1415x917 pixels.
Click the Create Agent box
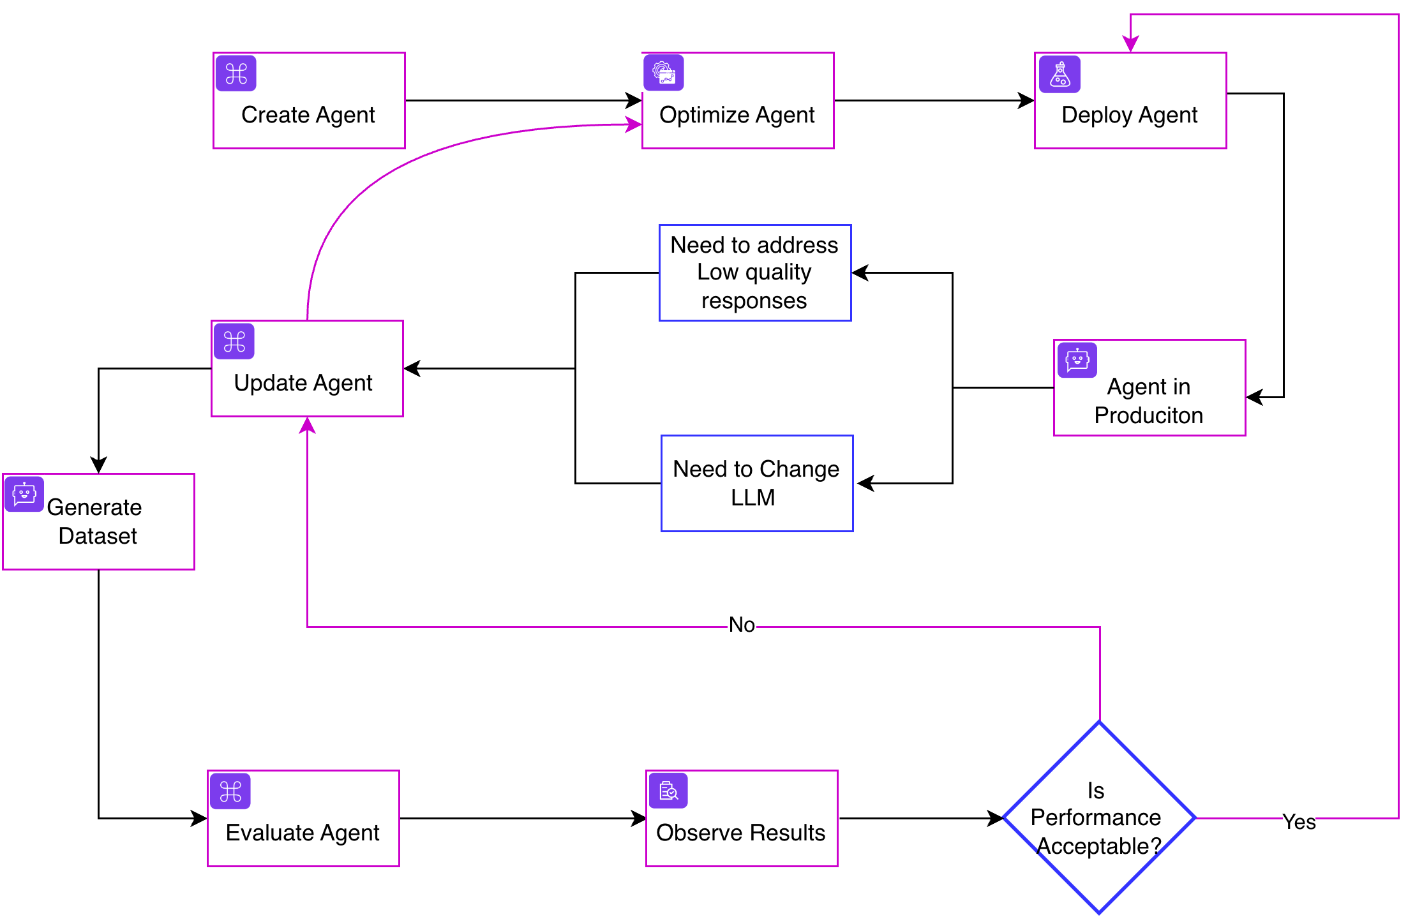point(309,101)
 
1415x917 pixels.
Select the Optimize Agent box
point(737,101)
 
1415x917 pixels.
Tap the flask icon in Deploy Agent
point(1059,74)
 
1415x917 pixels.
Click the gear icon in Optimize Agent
point(664,72)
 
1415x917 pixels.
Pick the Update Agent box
point(307,369)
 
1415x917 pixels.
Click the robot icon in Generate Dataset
point(24,494)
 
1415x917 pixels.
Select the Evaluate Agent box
point(303,819)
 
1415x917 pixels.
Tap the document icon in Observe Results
point(668,791)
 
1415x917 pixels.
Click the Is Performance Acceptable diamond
point(1098,817)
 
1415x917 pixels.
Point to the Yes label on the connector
point(1299,821)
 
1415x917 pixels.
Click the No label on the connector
point(742,625)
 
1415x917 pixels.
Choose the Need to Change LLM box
point(756,483)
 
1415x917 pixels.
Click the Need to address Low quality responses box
point(754,272)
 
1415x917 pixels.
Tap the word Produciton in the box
point(1148,415)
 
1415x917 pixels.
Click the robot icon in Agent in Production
point(1077,359)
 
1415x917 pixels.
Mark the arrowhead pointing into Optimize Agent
point(634,124)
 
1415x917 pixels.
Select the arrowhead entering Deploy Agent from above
point(1130,44)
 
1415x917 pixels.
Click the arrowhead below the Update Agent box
point(308,426)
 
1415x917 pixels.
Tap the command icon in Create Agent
point(236,74)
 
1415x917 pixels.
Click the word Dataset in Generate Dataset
point(98,536)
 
